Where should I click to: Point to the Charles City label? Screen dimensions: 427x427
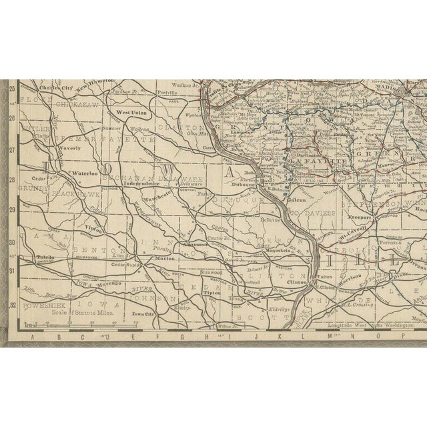point(56,88)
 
